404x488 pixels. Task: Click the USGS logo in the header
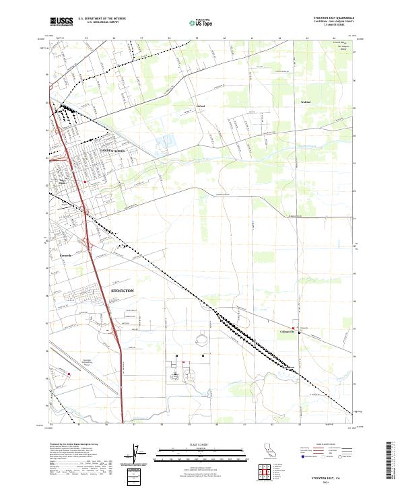click(x=61, y=22)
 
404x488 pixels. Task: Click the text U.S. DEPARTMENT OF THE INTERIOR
click(x=102, y=19)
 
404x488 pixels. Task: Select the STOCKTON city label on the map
click(x=122, y=290)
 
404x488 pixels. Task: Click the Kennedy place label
click(x=65, y=255)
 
